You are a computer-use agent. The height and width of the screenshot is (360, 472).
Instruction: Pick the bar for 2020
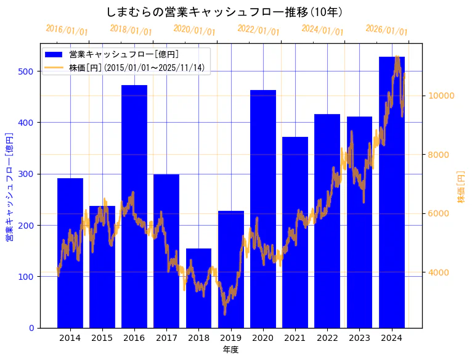263,209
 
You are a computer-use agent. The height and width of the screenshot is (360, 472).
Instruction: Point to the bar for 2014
70,253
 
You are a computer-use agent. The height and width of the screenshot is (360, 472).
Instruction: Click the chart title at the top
224,12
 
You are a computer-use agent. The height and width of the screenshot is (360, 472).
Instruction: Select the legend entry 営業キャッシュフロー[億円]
124,54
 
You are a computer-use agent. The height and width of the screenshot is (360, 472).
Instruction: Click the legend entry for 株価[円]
136,68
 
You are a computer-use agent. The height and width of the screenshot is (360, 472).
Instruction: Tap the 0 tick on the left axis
31,328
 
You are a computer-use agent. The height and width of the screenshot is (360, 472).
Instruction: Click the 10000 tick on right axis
441,96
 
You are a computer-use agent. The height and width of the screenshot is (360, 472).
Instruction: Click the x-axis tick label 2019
230,338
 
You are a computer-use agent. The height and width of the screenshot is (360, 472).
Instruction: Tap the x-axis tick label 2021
295,338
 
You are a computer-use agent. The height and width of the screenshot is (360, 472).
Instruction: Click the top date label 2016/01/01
67,30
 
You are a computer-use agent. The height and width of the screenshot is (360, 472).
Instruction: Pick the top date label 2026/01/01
386,30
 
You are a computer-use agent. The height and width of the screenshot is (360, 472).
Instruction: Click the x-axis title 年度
230,350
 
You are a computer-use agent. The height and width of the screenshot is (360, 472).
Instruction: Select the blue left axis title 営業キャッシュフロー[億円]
9,187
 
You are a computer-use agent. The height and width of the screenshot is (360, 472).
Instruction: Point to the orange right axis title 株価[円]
461,187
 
